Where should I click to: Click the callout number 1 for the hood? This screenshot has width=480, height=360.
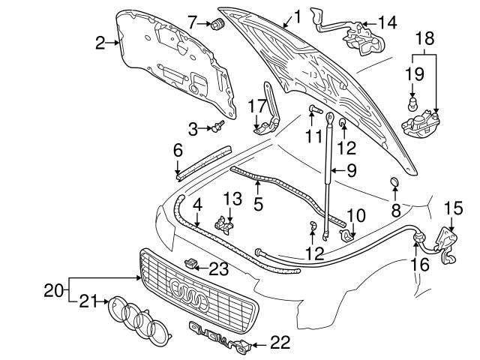[x=297, y=14]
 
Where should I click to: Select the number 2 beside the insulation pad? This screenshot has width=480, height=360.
[x=101, y=43]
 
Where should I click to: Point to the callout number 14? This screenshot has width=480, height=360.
[x=387, y=22]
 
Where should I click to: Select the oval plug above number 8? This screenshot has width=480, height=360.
[x=394, y=182]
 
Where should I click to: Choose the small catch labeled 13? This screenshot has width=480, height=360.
[x=222, y=223]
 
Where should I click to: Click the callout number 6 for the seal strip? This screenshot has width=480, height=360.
[x=178, y=150]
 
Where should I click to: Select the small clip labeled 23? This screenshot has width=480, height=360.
[x=192, y=262]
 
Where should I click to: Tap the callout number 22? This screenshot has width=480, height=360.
[x=279, y=343]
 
